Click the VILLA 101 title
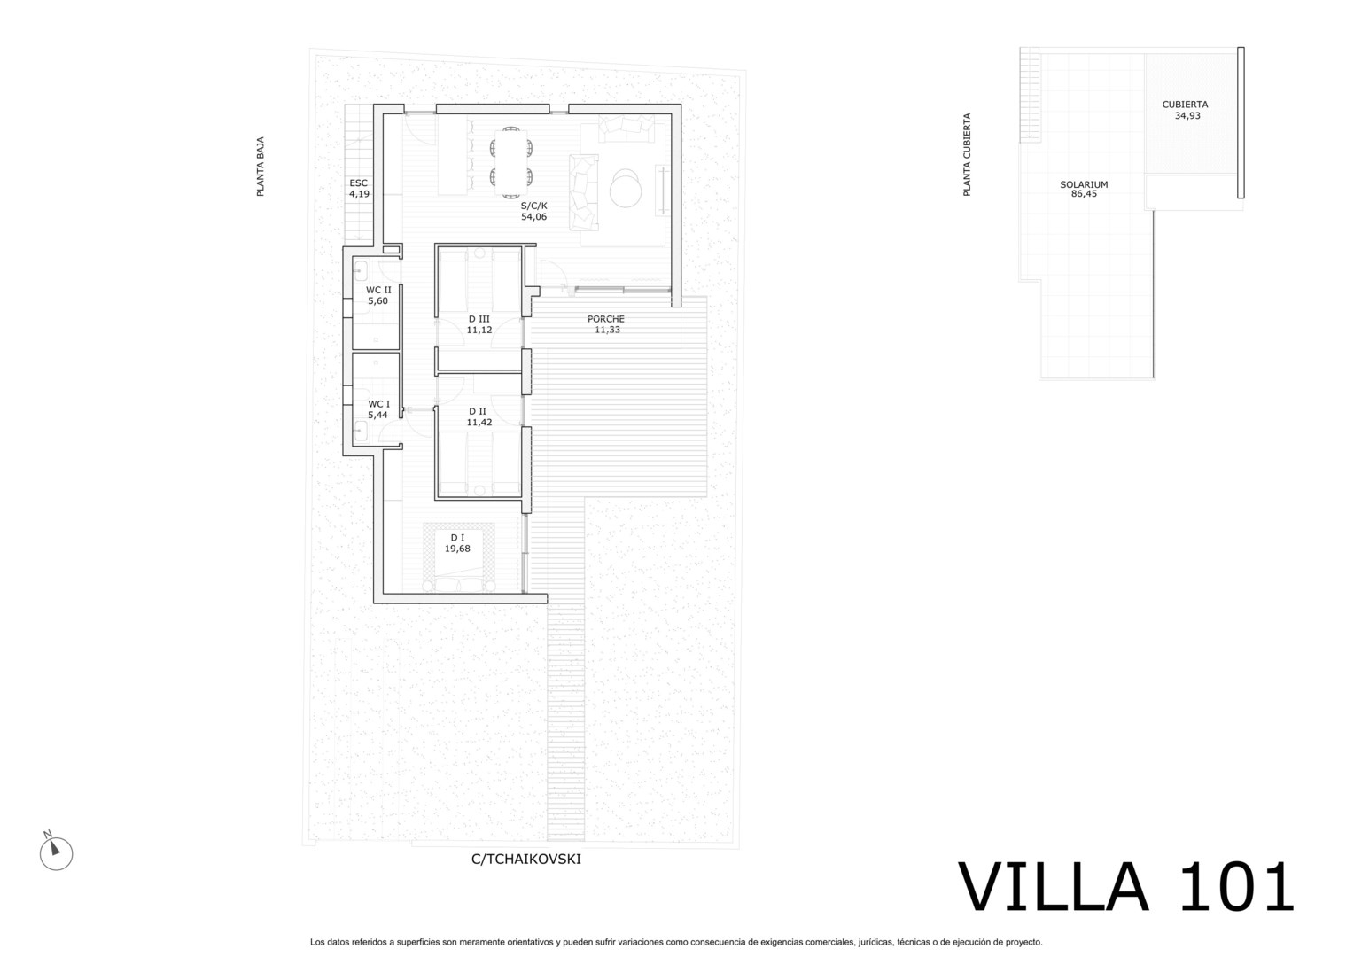click(1125, 887)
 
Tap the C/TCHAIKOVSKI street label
click(525, 859)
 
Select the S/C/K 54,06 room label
click(533, 211)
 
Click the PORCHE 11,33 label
click(606, 324)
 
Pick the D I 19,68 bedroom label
click(457, 543)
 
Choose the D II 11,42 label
click(479, 416)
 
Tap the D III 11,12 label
click(479, 324)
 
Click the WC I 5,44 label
click(378, 409)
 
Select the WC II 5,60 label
click(378, 295)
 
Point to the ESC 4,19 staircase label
click(359, 188)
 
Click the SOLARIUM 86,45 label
click(1084, 189)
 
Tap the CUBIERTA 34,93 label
click(1186, 109)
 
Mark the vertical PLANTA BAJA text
click(261, 167)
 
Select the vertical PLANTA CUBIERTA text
click(967, 154)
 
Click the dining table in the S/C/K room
click(511, 163)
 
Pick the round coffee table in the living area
click(625, 188)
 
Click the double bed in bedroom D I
click(459, 557)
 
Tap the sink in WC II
click(361, 270)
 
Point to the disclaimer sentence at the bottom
click(676, 942)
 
